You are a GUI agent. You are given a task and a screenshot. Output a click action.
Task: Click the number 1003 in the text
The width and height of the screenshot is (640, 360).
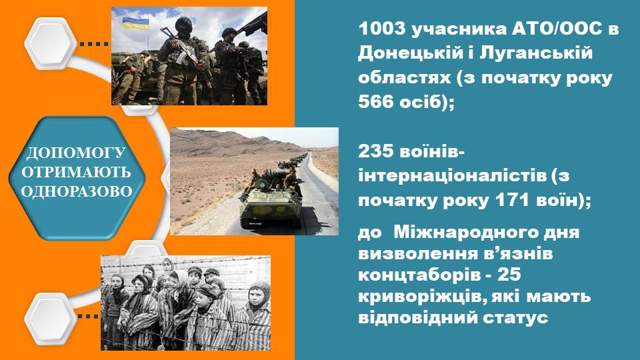382,29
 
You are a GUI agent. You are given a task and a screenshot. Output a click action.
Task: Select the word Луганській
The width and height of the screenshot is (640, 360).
536,53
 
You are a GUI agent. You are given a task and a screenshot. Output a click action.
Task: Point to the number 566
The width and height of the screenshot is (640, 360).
376,101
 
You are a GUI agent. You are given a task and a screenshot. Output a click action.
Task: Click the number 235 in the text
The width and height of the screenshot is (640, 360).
376,151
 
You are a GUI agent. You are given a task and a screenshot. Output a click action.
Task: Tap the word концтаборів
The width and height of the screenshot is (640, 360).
419,275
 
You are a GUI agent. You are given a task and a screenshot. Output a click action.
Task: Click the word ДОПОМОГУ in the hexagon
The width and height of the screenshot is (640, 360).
76,153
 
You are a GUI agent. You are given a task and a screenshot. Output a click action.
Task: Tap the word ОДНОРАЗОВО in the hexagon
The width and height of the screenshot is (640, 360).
77,191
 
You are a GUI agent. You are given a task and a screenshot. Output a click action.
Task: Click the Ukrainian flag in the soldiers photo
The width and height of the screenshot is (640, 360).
135,23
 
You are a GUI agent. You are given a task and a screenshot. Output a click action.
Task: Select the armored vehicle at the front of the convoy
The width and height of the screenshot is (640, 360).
271,203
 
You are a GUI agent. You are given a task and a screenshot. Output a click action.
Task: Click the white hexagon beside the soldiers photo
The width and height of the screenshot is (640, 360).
51,43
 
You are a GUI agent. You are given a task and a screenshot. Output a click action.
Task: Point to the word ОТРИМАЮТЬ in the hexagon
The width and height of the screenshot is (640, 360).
77,172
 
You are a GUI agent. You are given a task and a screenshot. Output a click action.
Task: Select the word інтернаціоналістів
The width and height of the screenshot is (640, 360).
452,175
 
